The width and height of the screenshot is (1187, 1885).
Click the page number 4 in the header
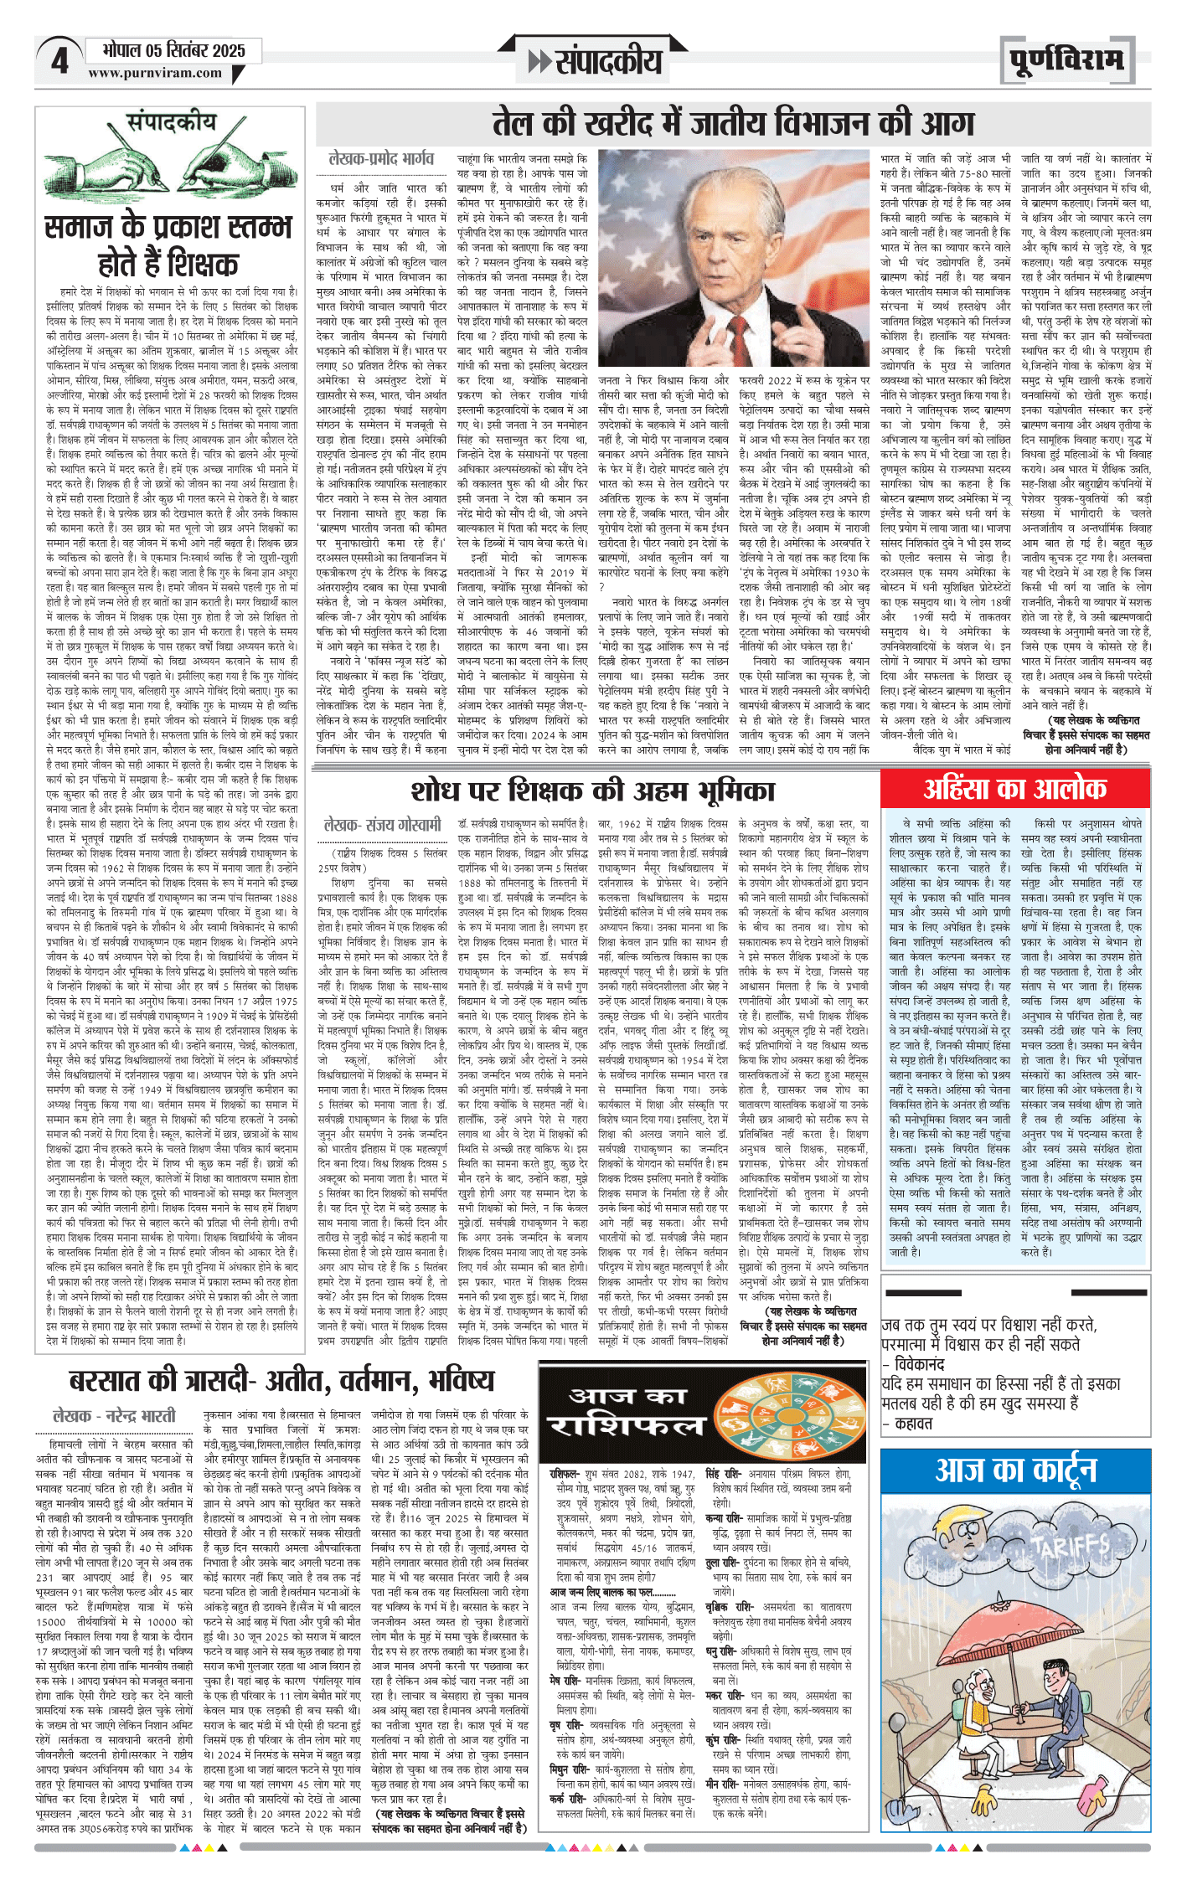click(x=59, y=61)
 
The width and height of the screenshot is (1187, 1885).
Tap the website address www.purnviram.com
click(x=155, y=74)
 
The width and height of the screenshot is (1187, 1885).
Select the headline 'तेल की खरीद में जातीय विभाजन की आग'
click(x=733, y=123)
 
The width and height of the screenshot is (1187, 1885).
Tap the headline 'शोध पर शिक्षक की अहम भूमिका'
click(x=592, y=791)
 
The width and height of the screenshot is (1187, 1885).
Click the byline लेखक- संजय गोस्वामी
click(x=382, y=825)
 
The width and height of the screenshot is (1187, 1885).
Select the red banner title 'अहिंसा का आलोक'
click(x=1014, y=788)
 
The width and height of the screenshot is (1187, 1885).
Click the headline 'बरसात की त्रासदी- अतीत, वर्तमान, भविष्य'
click(x=281, y=1380)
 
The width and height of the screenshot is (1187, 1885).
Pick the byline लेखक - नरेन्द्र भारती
click(x=114, y=1416)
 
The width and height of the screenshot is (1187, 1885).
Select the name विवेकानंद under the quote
click(x=919, y=1365)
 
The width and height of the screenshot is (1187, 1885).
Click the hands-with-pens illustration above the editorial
click(x=170, y=167)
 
